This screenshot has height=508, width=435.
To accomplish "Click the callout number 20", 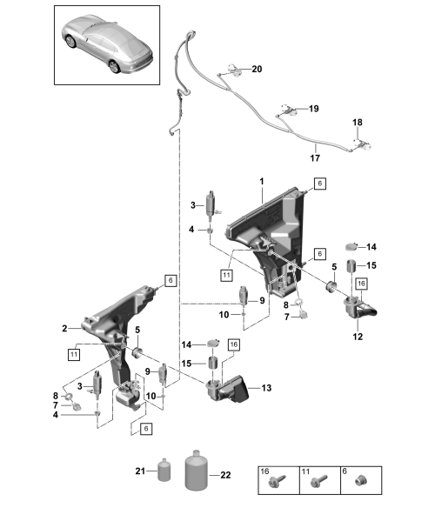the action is [257, 69].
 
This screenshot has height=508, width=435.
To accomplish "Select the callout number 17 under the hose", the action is [315, 158].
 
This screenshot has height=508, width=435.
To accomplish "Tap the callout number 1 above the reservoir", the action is [262, 182].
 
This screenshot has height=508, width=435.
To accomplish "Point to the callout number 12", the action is [358, 337].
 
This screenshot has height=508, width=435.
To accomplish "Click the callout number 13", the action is [266, 388].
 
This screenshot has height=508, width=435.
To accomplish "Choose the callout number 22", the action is [225, 475].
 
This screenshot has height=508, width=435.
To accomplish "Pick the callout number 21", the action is [140, 471].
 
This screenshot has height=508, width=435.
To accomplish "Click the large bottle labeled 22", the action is [196, 470].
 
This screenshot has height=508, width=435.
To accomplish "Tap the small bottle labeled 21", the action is [164, 470].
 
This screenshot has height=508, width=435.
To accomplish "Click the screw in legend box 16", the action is [278, 481].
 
